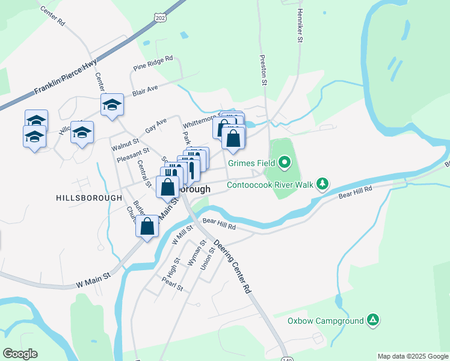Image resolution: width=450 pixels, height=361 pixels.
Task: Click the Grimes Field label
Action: (x=251, y=162)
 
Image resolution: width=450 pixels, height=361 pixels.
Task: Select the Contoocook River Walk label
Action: (x=270, y=185)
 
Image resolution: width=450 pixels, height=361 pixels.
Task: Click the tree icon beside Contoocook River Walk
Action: (x=323, y=183)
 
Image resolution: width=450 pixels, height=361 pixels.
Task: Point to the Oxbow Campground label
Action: (x=325, y=321)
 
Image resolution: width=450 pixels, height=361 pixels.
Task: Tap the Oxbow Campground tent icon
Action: (x=374, y=319)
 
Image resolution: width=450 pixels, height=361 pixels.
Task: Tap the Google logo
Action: (x=20, y=354)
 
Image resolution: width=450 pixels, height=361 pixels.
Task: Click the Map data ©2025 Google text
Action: (x=412, y=356)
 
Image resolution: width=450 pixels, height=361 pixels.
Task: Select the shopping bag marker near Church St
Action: (x=147, y=227)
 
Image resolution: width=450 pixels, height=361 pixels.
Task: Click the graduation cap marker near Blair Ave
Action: (x=112, y=105)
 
